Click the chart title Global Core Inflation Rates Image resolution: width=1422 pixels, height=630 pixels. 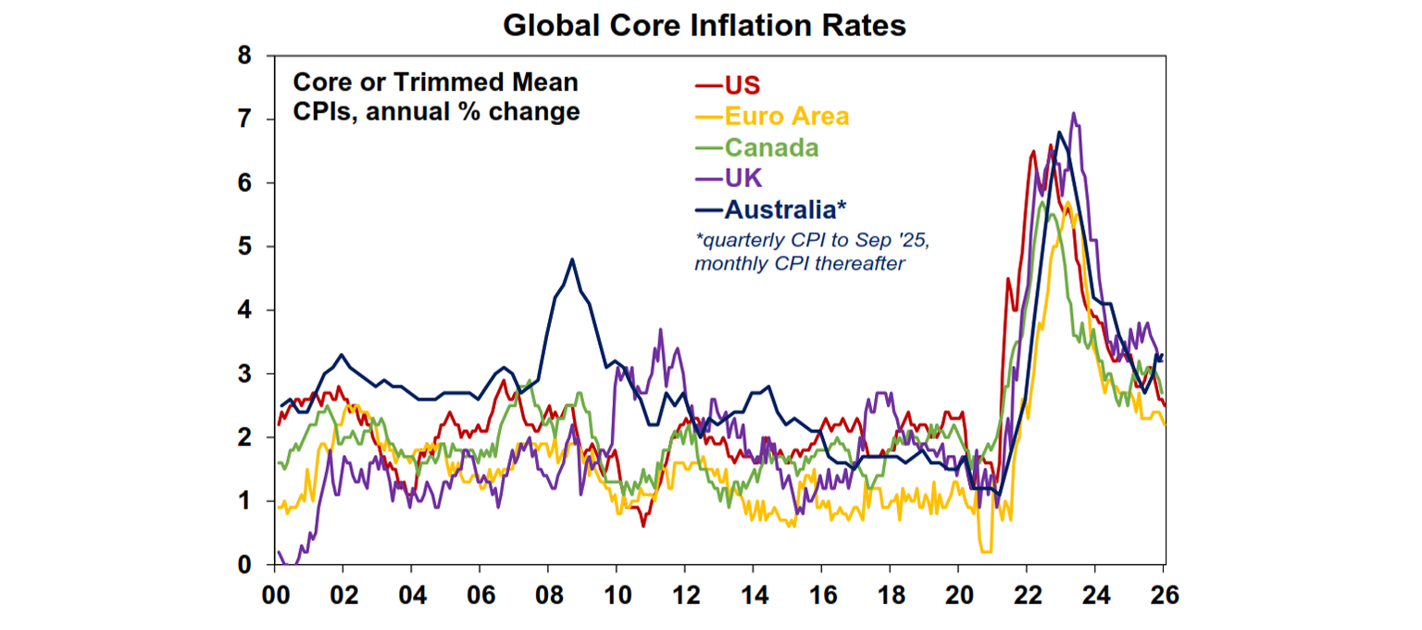pos(705,25)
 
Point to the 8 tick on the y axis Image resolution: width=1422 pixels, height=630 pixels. pos(245,56)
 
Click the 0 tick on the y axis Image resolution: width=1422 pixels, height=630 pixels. pos(245,564)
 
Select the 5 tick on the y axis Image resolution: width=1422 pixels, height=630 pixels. pos(245,246)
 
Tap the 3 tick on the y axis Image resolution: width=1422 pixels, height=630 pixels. pos(245,373)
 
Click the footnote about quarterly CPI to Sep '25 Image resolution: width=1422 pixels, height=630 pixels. pos(812,250)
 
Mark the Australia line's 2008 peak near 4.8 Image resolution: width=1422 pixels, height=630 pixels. pos(572,259)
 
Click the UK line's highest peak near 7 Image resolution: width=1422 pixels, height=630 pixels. pos(1073,114)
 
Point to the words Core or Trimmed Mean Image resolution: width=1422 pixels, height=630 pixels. pos(435,82)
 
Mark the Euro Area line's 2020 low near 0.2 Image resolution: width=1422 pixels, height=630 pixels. pos(986,551)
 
